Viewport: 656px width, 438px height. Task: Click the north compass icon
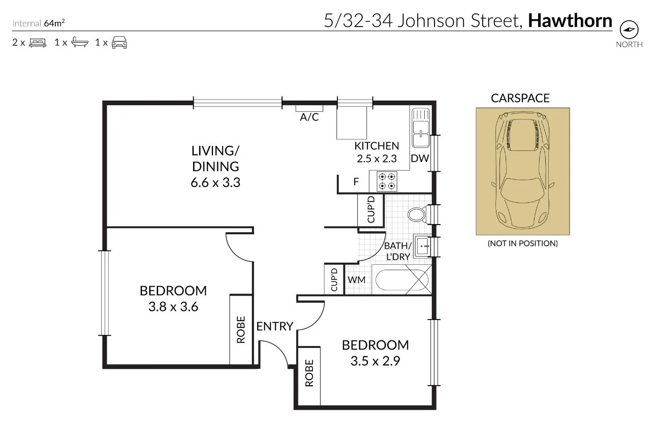pyautogui.click(x=629, y=29)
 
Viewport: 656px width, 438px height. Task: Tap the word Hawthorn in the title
pyautogui.click(x=570, y=21)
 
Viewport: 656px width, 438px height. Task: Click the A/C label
pyautogui.click(x=309, y=117)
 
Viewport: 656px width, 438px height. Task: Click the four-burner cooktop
pyautogui.click(x=386, y=181)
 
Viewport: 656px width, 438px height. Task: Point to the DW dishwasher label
pyautogui.click(x=420, y=158)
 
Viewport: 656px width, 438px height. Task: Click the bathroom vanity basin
pyautogui.click(x=422, y=246)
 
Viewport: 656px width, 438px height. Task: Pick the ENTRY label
pyautogui.click(x=274, y=326)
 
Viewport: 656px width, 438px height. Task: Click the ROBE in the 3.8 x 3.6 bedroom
pyautogui.click(x=241, y=329)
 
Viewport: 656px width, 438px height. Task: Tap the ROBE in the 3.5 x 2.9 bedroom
pyautogui.click(x=309, y=373)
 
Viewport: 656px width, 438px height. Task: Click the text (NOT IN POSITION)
pyautogui.click(x=522, y=243)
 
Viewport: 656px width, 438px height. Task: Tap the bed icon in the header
pyautogui.click(x=38, y=43)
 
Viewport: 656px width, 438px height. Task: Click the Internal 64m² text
pyautogui.click(x=38, y=23)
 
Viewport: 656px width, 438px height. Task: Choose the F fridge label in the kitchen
pyautogui.click(x=356, y=182)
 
